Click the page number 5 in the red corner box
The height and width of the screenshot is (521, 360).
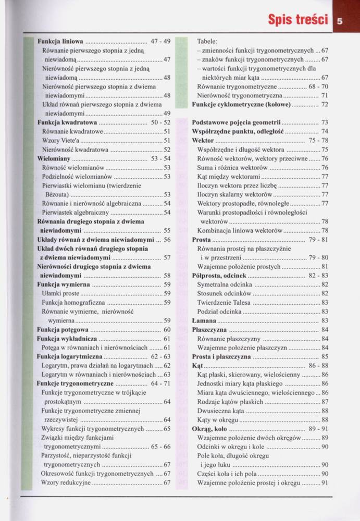click(339, 22)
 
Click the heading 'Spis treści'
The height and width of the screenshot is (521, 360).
click(297, 20)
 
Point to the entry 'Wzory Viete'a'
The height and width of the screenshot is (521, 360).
click(61, 140)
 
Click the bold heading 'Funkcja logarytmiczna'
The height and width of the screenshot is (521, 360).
click(70, 356)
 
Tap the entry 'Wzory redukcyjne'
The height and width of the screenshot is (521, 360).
click(66, 482)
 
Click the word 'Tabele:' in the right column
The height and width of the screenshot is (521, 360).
click(208, 41)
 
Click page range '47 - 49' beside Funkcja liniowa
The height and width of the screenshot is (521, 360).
click(160, 41)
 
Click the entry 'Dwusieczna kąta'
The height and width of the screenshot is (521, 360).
click(221, 411)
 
